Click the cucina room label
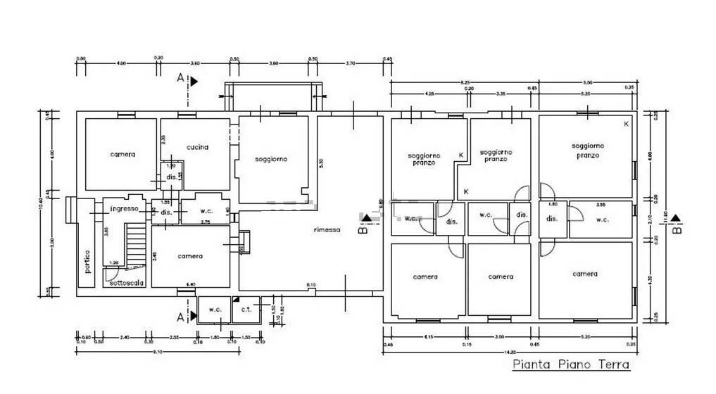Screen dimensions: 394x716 point(197,147)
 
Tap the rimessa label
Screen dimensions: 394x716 point(327,229)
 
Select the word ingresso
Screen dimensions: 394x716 point(123,209)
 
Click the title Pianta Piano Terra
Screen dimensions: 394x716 point(570,364)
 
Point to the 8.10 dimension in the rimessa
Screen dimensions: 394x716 point(310,284)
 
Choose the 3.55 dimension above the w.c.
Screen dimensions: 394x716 point(601,205)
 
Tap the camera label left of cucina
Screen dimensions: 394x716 point(122,154)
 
